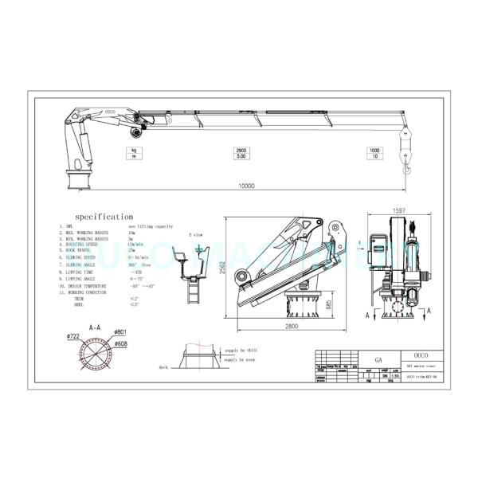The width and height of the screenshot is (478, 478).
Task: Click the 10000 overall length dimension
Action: point(246,186)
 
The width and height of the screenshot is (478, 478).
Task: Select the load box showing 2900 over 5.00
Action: point(240,153)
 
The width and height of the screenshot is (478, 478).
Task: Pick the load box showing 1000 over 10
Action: point(374,153)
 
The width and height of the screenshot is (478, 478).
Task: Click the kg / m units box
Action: point(134,153)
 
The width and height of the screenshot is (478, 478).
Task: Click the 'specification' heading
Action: point(104,216)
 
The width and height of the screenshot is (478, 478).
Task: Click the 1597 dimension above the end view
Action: point(398,210)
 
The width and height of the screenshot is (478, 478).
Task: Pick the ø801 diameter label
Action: point(120,331)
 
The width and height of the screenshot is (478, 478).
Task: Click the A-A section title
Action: point(95,327)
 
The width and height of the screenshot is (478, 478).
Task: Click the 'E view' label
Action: point(195,236)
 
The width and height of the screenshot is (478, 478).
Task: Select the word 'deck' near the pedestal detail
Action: point(165,369)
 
